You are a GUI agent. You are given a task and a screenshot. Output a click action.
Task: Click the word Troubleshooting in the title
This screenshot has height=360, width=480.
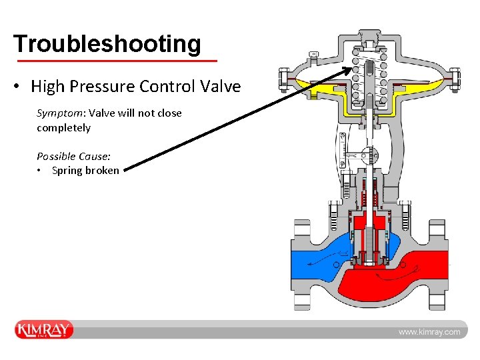(107, 43)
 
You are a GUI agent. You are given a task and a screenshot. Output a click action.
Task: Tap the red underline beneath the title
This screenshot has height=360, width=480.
(116, 61)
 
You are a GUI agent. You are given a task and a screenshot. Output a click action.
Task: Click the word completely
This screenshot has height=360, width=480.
(63, 127)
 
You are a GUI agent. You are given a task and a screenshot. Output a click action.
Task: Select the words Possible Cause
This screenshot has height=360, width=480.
(73, 156)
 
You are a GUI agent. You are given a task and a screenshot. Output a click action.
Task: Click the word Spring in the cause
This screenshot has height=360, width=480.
(67, 170)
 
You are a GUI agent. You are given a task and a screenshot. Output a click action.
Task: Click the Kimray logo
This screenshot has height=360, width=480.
(44, 330)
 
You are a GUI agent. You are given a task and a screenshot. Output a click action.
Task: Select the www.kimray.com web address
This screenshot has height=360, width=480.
(429, 331)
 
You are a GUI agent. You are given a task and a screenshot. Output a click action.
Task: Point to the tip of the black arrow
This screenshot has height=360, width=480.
(357, 67)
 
